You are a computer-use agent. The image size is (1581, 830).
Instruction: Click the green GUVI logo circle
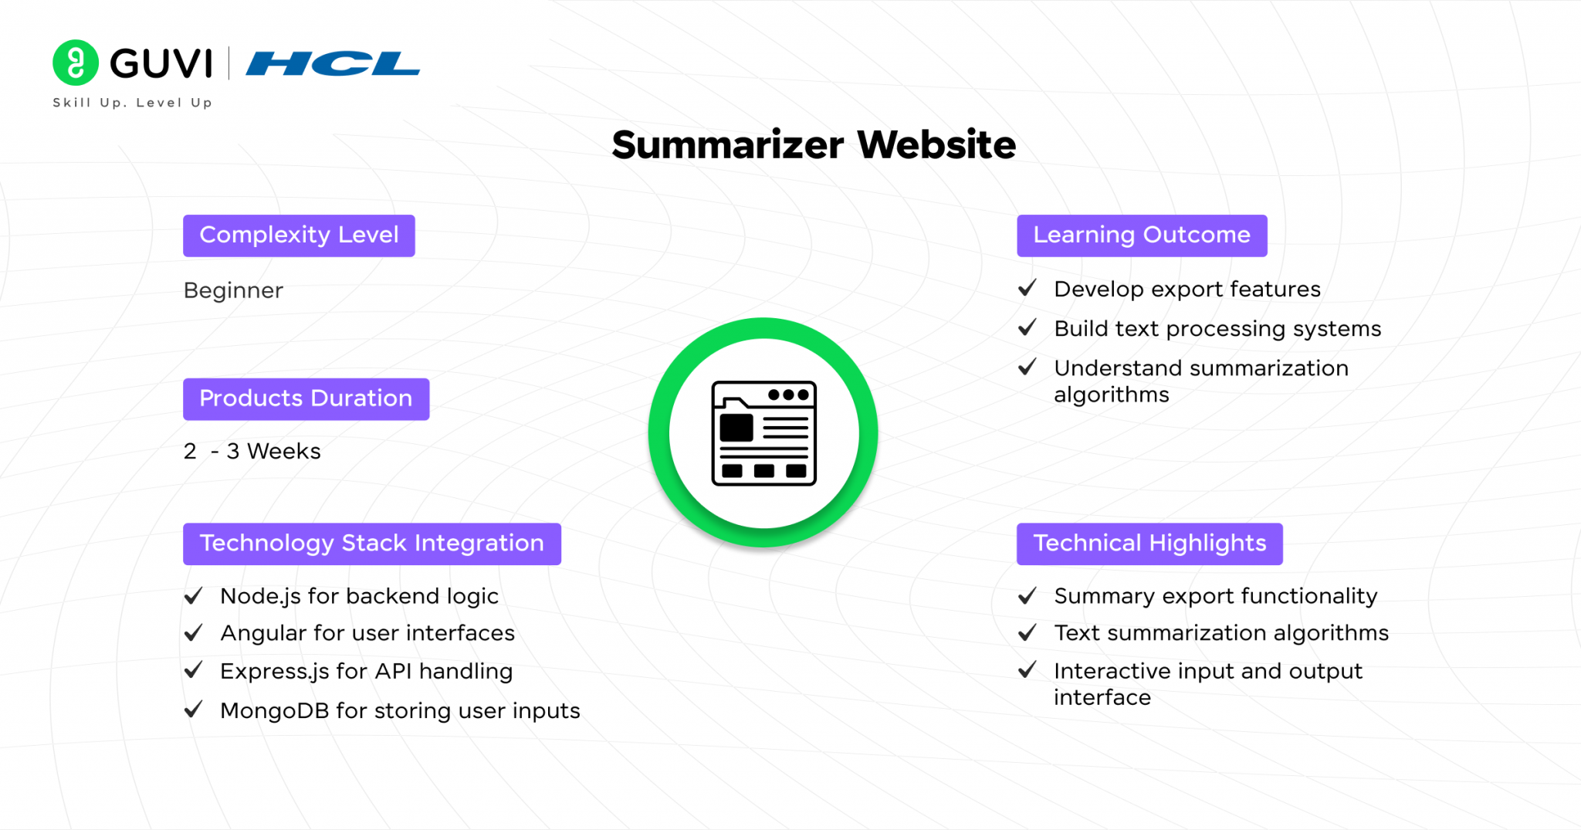[76, 63]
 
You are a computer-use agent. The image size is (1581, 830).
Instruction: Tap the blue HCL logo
[333, 63]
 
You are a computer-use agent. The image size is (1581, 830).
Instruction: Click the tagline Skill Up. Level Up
[132, 103]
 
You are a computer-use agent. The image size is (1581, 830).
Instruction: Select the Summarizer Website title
[814, 144]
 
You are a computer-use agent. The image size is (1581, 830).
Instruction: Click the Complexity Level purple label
[299, 235]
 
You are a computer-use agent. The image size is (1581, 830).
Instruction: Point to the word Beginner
[233, 290]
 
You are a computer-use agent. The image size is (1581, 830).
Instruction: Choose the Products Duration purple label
[306, 399]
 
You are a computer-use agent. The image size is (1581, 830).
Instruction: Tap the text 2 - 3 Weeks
[252, 451]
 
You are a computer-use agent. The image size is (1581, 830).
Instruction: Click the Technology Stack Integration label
[371, 544]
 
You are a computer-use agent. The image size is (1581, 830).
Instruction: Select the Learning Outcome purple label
[1142, 235]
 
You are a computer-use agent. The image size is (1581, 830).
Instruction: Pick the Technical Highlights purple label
[1149, 544]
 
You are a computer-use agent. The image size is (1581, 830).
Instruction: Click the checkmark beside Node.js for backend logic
[194, 596]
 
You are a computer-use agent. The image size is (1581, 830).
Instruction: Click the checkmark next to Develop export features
[1027, 289]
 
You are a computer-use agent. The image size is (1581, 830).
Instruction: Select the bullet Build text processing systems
[1217, 329]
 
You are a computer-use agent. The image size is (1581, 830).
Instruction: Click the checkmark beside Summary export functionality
[1027, 596]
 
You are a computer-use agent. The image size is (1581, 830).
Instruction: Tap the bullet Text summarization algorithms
[1221, 634]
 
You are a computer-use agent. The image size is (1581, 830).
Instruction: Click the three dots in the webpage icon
[788, 395]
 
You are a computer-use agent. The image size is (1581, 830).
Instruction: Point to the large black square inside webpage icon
[736, 428]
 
